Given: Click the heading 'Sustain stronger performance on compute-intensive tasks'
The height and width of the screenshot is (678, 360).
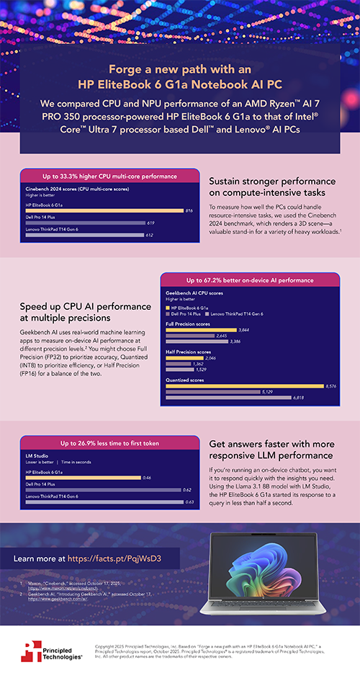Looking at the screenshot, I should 271,189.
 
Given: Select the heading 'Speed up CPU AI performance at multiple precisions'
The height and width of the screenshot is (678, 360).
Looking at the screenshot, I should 84,312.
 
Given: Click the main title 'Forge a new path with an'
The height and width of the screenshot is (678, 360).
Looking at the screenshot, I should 179,69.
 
